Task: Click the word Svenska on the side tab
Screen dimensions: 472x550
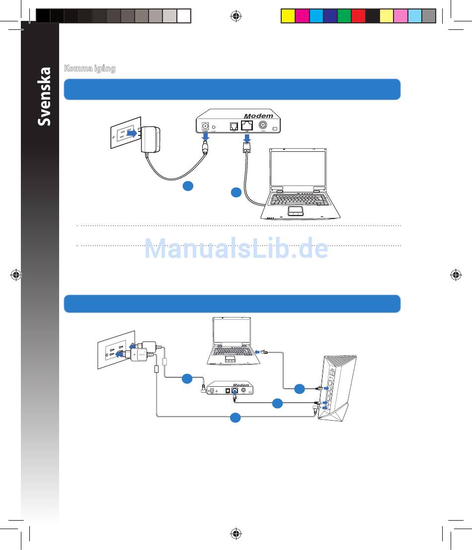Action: (x=45, y=97)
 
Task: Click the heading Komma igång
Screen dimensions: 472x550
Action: (x=90, y=69)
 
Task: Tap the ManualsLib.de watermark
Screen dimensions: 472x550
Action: (x=236, y=249)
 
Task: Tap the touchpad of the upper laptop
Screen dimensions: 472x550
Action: (x=297, y=211)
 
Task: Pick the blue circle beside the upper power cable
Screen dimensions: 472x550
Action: (x=187, y=186)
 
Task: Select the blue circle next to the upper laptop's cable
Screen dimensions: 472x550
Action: (x=236, y=192)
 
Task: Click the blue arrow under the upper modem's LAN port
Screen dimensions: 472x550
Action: (x=247, y=137)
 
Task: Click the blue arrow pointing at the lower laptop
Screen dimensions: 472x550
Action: (x=257, y=352)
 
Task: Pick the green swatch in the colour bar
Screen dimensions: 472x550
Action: (x=344, y=16)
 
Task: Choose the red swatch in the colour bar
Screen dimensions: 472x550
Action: (x=358, y=16)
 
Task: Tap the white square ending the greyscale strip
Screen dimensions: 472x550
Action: (x=184, y=16)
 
